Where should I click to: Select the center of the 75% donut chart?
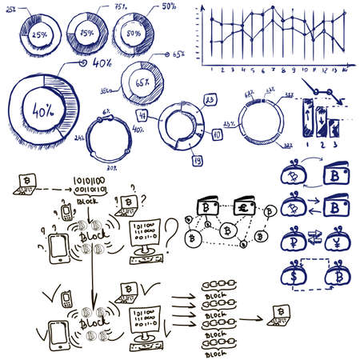(x=86, y=34)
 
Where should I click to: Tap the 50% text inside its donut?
(x=135, y=34)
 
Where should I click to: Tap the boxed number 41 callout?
(x=163, y=116)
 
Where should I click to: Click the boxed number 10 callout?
(x=217, y=135)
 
